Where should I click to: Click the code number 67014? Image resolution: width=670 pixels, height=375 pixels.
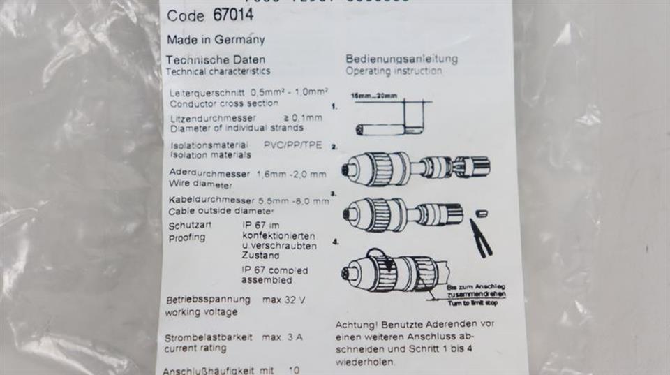coord(230,15)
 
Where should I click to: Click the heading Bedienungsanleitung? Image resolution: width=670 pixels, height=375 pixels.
coord(401,59)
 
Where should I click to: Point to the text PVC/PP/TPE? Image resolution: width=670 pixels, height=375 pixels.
coord(292,145)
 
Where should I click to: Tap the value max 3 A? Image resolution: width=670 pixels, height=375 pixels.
coord(282,337)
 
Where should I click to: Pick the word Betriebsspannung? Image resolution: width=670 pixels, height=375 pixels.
coord(208,300)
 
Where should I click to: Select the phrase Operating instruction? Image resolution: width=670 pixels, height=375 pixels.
coord(393,71)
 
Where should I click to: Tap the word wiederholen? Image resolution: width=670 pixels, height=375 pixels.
coord(365,362)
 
